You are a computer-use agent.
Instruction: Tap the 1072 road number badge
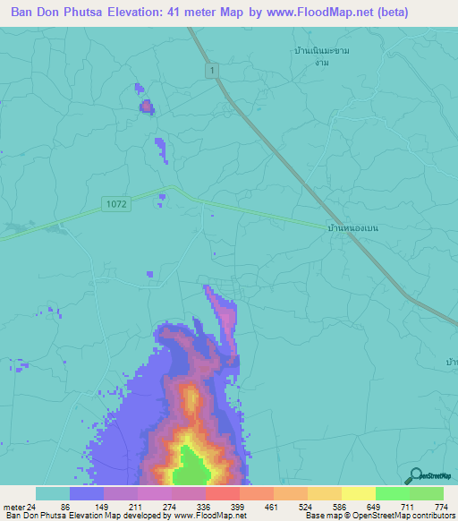pyautogui.click(x=115, y=204)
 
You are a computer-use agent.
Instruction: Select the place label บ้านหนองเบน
pyautogui.click(x=353, y=229)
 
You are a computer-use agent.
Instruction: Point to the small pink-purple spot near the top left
pyautogui.click(x=146, y=107)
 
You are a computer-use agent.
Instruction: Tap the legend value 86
pyautogui.click(x=65, y=507)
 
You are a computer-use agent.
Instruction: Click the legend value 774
pyautogui.click(x=441, y=507)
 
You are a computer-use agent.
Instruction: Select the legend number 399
pyautogui.click(x=236, y=507)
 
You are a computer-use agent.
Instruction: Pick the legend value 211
pyautogui.click(x=133, y=507)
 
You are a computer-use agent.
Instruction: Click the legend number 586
pyautogui.click(x=338, y=507)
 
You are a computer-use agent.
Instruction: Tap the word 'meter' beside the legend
pyautogui.click(x=13, y=507)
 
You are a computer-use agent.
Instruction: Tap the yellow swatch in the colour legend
pyautogui.click(x=358, y=493)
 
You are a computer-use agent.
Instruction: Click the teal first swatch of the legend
pyautogui.click(x=53, y=493)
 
